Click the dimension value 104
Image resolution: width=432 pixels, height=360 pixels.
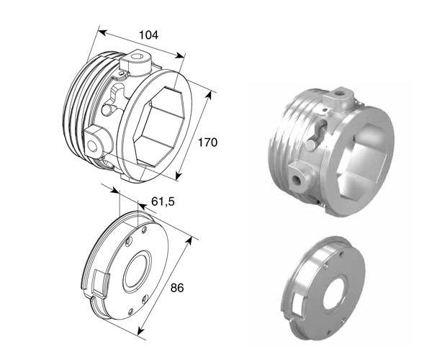149,35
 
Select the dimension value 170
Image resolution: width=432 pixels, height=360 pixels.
208,143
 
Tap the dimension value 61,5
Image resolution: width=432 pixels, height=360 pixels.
163,202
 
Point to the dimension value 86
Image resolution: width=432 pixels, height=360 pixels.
177,288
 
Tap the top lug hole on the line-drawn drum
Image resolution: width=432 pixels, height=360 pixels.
137,56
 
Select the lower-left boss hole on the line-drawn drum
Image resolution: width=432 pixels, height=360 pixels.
92,146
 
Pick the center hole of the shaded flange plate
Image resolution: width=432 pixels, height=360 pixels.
334,292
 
